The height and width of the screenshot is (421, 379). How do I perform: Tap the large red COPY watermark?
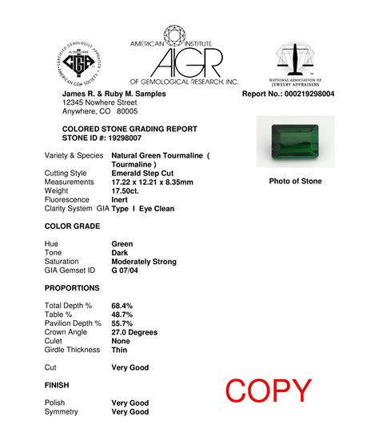268,391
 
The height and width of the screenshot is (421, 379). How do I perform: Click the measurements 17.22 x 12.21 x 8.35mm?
152,182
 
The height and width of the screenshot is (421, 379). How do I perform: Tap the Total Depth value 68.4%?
122,306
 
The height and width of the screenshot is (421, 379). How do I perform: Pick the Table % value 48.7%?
122,315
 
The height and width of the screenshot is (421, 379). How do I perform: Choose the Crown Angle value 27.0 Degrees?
134,332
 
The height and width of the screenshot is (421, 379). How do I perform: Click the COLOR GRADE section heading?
74,227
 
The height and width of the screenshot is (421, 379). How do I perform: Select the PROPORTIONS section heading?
72,287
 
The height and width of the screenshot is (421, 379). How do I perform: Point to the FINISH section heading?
57,385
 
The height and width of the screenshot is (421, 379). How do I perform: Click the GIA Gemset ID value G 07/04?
128,271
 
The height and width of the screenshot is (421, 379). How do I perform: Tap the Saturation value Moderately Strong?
144,262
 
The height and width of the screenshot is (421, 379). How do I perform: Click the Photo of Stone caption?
295,181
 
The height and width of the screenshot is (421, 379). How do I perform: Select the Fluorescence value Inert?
121,199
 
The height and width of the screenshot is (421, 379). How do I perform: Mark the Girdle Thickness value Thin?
119,350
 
